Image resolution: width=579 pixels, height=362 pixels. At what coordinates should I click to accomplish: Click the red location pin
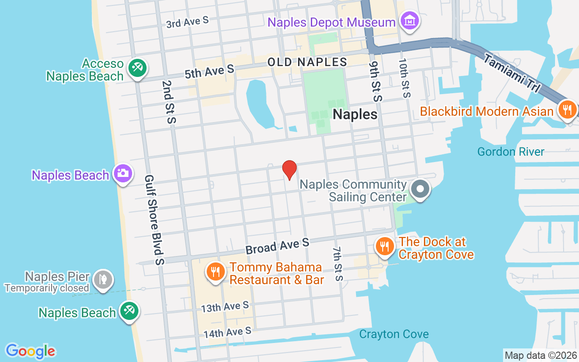[x=289, y=170]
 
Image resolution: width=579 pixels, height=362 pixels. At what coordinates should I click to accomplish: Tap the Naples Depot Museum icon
[x=410, y=21]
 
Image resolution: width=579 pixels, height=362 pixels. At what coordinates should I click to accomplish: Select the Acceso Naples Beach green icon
[x=135, y=68]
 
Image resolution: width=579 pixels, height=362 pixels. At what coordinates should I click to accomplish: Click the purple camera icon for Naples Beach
[x=123, y=173]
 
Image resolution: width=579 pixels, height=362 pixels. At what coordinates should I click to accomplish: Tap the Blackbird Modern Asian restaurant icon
[x=567, y=110]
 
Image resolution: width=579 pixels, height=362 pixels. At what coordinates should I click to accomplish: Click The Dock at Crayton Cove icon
[x=384, y=247]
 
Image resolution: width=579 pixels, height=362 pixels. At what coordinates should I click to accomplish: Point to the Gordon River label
[x=511, y=152]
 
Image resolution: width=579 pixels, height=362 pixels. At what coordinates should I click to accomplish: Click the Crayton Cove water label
[x=394, y=334]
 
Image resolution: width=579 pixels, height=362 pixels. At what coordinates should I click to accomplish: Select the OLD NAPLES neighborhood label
[x=307, y=62]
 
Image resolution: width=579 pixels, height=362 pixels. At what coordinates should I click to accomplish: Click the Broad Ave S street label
[x=277, y=246]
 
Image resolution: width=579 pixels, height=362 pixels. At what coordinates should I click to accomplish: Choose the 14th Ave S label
[x=227, y=333]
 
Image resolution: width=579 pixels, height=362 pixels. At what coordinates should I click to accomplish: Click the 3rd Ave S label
[x=187, y=23]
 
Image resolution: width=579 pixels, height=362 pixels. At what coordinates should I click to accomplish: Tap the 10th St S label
[x=404, y=78]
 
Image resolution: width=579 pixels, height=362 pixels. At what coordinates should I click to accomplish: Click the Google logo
[x=31, y=351]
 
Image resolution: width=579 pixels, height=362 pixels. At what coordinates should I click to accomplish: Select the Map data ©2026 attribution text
[x=541, y=355]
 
